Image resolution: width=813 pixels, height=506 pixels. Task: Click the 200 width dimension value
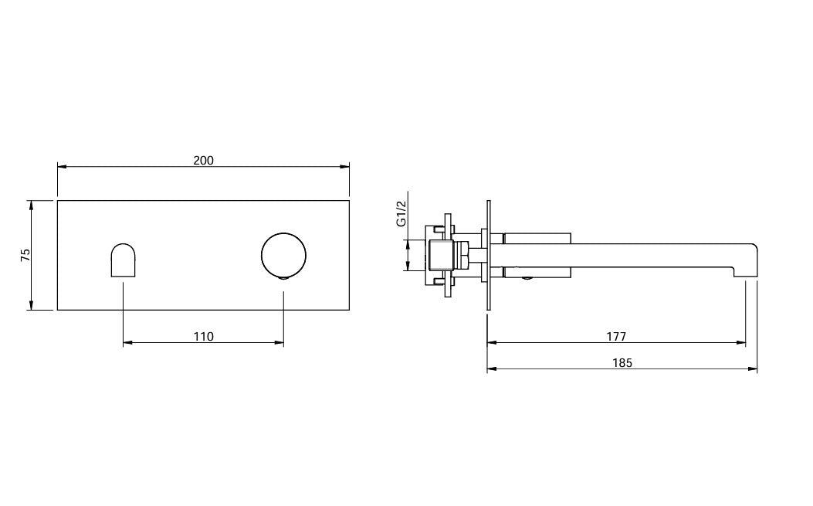pos(203,161)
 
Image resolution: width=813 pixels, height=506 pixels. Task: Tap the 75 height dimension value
pos(25,255)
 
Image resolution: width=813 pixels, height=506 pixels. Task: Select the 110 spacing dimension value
pos(203,336)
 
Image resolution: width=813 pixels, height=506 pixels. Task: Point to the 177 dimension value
pos(616,336)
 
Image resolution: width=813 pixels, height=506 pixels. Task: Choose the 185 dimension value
pos(622,363)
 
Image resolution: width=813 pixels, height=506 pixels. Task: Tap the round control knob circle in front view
pos(283,256)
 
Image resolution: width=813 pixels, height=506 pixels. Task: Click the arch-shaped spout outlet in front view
pos(124,260)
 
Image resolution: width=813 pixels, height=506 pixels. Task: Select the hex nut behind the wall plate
pos(462,256)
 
